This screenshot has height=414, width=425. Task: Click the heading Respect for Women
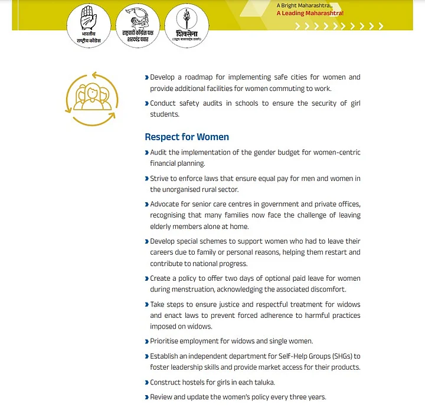click(x=187, y=137)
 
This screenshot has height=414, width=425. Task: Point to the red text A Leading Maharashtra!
click(x=310, y=13)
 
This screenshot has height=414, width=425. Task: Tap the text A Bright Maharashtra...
click(x=300, y=5)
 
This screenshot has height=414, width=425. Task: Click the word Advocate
click(x=166, y=204)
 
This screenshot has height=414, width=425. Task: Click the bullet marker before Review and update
click(x=146, y=397)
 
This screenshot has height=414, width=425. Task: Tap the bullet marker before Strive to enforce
click(x=146, y=179)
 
